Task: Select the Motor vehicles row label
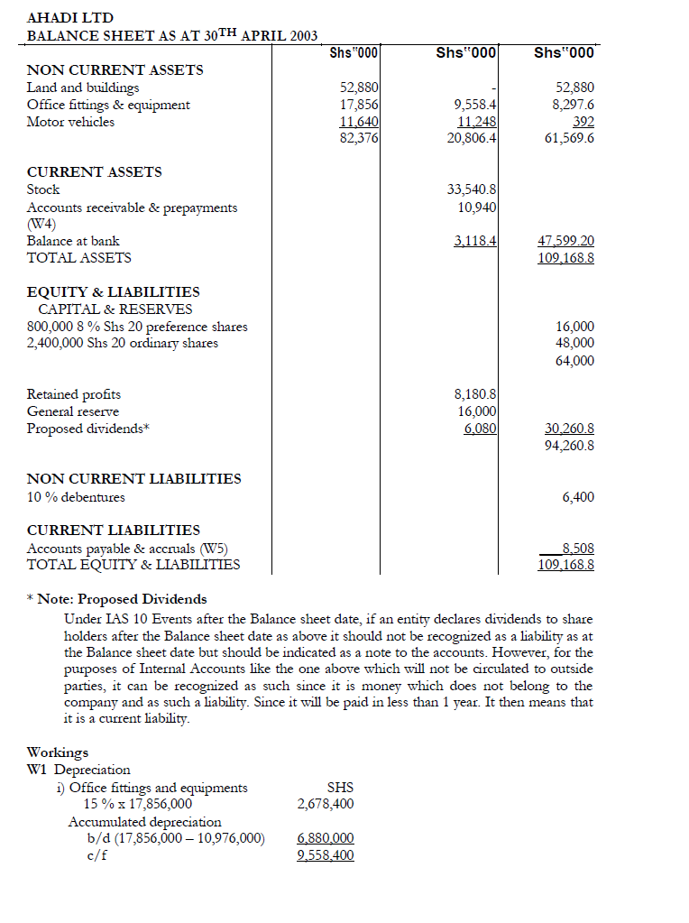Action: click(x=70, y=122)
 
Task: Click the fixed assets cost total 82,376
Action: click(x=359, y=138)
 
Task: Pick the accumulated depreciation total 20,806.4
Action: click(x=473, y=138)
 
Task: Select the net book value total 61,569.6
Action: click(x=565, y=138)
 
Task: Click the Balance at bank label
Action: click(x=73, y=241)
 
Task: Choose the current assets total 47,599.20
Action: click(x=565, y=241)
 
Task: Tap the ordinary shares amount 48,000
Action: click(x=574, y=343)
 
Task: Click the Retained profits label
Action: click(x=74, y=394)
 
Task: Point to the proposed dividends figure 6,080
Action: click(x=480, y=429)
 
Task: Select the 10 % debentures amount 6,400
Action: click(x=577, y=497)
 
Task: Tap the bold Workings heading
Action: click(x=58, y=752)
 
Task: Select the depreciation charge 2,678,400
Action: click(x=325, y=804)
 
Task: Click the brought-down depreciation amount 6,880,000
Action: click(x=325, y=838)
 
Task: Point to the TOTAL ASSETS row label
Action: click(x=79, y=258)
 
